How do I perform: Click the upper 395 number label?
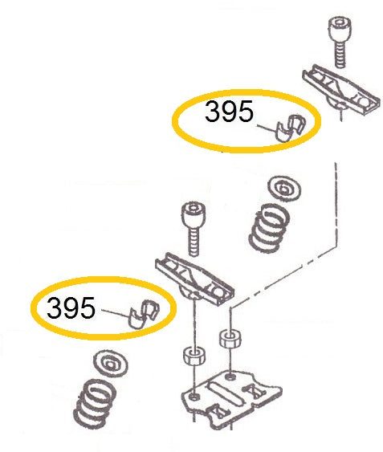tap(229, 111)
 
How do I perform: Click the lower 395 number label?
tap(71, 307)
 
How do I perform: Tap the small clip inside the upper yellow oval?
tap(289, 128)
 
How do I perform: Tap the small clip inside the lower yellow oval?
tap(143, 314)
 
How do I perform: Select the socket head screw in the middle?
tap(194, 229)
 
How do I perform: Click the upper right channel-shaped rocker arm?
tap(341, 90)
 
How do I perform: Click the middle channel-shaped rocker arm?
tap(194, 279)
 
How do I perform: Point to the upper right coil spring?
tap(269, 228)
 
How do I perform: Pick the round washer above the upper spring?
tap(284, 189)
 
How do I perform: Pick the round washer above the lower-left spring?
tap(111, 364)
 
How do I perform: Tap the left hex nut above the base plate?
tap(194, 356)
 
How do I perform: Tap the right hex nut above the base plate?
tap(230, 339)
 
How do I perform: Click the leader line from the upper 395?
tap(267, 128)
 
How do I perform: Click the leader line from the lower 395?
tap(116, 313)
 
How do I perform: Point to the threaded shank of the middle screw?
tap(194, 242)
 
